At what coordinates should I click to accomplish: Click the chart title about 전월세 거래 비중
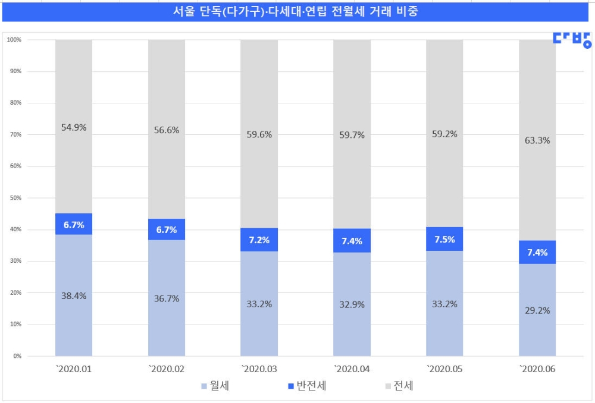(298, 12)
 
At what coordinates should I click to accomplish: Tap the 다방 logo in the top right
(572, 39)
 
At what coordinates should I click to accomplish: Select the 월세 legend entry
(215, 386)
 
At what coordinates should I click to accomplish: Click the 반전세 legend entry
(307, 386)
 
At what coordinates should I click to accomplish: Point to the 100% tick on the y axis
(14, 40)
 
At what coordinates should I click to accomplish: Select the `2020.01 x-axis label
(73, 369)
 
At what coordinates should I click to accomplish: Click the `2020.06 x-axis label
(537, 369)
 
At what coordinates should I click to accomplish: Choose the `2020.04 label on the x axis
(352, 369)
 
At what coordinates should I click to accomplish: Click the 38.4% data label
(74, 295)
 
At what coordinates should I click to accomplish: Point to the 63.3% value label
(537, 141)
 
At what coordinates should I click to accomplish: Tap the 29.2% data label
(537, 310)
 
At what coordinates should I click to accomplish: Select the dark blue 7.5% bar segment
(444, 239)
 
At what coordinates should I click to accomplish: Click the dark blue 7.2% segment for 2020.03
(259, 240)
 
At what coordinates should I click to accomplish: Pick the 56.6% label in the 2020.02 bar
(167, 130)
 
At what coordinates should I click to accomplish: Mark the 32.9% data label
(352, 304)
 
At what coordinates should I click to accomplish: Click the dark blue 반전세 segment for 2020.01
(74, 224)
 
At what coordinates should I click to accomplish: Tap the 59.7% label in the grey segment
(352, 135)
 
